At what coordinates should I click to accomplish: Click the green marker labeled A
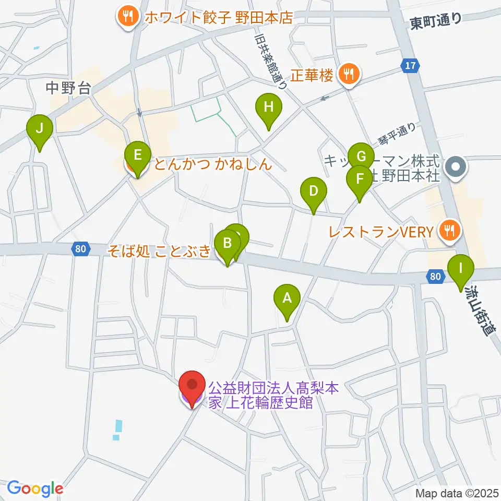tap(287, 299)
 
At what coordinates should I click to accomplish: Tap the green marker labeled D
tap(313, 191)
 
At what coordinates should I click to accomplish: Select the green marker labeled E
tap(137, 155)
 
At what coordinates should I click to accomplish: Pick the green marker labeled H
tap(268, 108)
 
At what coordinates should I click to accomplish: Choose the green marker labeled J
tap(40, 128)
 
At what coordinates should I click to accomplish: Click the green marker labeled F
tap(360, 179)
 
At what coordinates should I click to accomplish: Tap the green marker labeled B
tap(228, 243)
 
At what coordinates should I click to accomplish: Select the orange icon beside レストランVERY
tap(447, 230)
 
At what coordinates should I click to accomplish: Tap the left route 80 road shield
tap(80, 249)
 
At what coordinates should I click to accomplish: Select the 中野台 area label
tap(68, 88)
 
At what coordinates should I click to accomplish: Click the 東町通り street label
tap(436, 21)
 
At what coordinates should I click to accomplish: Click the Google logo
tap(35, 488)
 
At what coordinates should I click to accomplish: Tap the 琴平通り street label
tap(397, 135)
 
